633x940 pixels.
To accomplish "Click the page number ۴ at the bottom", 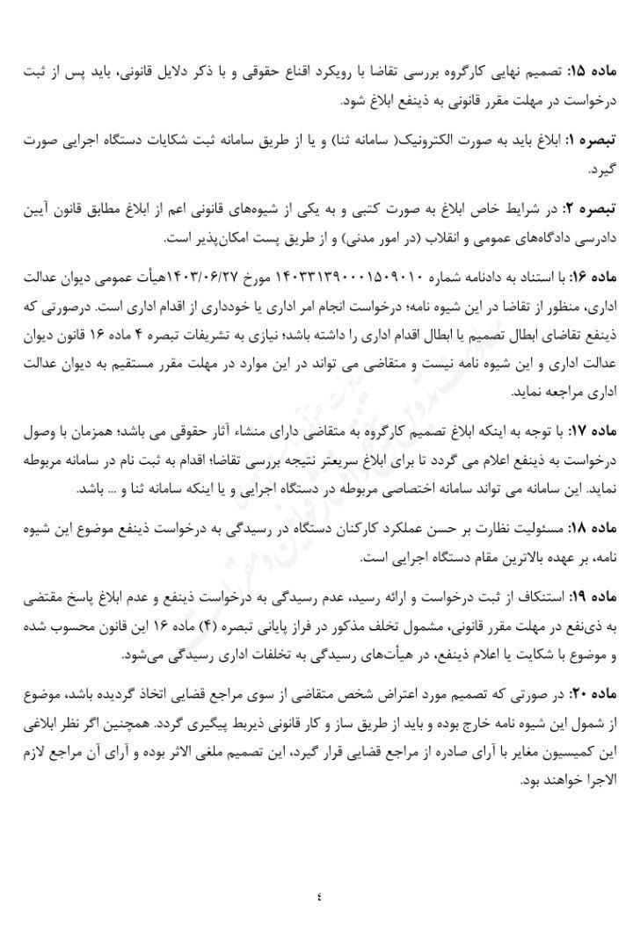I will [318, 897].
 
